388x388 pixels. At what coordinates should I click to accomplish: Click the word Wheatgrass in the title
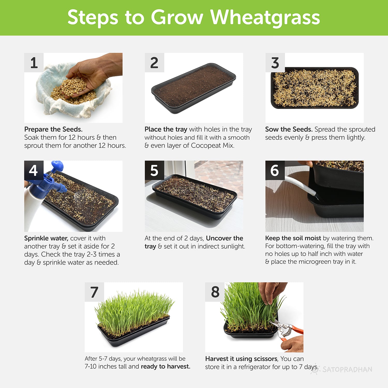tap(265, 18)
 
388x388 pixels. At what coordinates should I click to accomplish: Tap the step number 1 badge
tap(34, 63)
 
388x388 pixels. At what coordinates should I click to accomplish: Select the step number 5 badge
tap(154, 170)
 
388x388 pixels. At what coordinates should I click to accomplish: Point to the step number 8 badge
tap(215, 292)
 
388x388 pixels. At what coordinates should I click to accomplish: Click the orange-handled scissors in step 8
tap(287, 330)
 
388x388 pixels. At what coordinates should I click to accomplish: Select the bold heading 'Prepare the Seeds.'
tap(53, 129)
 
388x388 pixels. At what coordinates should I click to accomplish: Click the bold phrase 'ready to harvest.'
tap(166, 367)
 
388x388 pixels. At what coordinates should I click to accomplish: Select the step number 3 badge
tap(275, 63)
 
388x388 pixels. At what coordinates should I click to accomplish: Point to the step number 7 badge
tap(94, 292)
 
